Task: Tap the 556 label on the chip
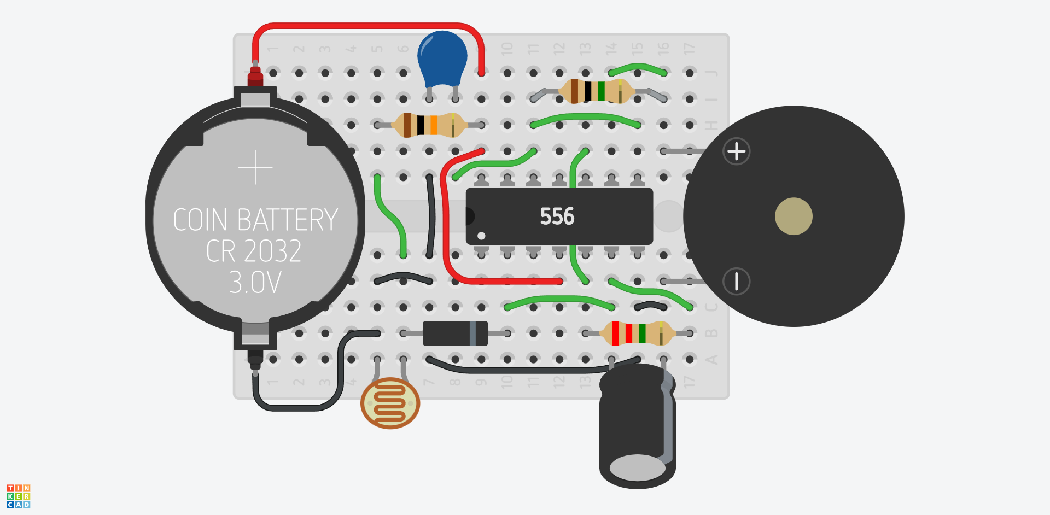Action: (557, 216)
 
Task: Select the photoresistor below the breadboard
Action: (390, 403)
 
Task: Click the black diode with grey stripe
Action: (455, 333)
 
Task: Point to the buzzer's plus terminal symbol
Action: (736, 151)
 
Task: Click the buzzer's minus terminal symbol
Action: (736, 282)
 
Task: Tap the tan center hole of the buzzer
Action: (794, 216)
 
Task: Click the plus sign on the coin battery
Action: (255, 167)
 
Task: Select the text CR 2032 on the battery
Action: (254, 251)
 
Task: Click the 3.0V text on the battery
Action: (255, 283)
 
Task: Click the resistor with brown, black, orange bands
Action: (429, 125)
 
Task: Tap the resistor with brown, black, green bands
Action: (597, 91)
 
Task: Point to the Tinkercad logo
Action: (18, 496)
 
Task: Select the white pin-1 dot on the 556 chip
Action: (481, 236)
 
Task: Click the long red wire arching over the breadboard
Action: (366, 25)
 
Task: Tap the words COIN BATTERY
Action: (255, 220)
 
